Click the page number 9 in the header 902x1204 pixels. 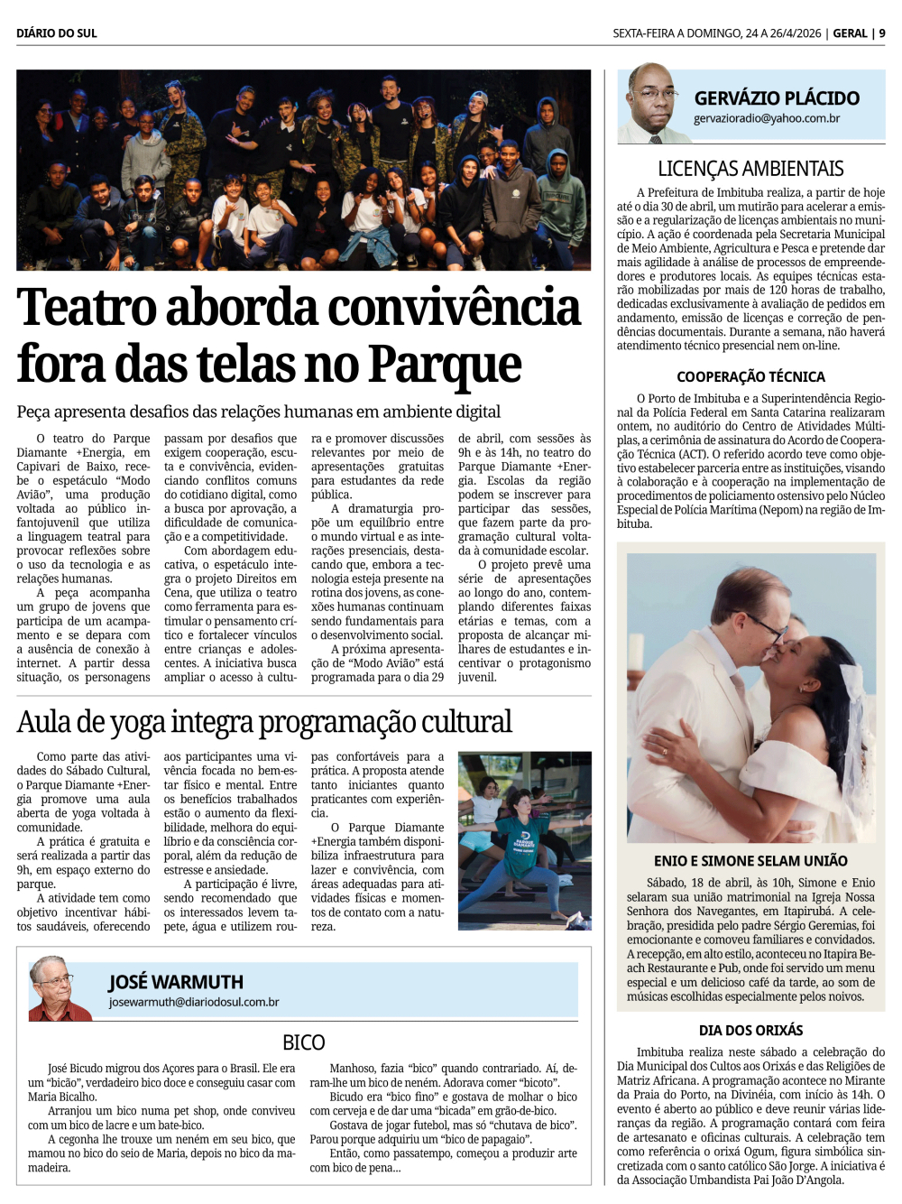point(882,33)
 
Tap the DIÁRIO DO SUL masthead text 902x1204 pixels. point(57,33)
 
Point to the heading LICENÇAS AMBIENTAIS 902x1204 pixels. point(750,169)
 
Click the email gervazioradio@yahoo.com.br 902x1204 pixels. point(767,118)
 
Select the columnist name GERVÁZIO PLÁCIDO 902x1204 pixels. point(777,98)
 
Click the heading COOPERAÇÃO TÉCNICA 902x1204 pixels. point(750,377)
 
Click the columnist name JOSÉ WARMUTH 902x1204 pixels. point(176,982)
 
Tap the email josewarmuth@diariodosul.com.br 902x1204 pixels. point(194,1002)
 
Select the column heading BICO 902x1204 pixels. point(303,1042)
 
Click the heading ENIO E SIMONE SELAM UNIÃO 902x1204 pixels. point(750,861)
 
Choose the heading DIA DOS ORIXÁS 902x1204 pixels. point(750,1031)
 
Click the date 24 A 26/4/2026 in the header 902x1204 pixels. point(783,33)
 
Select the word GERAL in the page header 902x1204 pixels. point(850,33)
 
